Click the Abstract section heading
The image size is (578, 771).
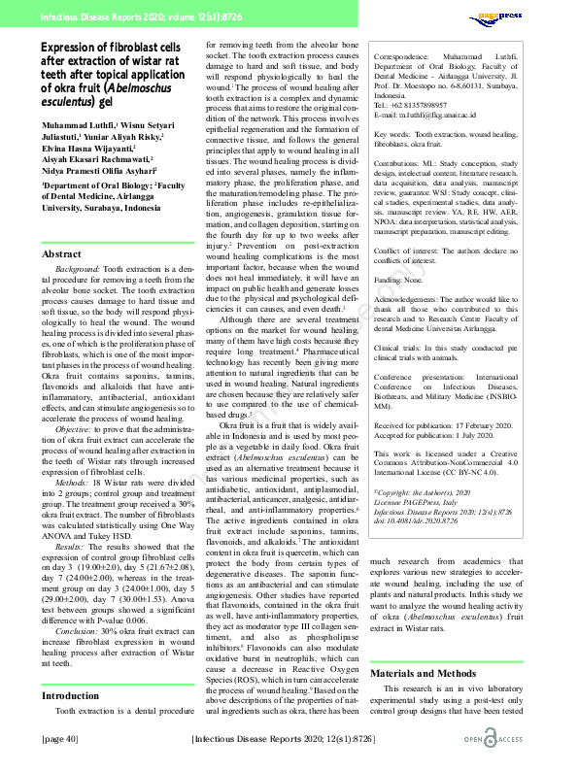[x=61, y=253]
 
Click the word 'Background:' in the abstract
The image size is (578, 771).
[x=80, y=267]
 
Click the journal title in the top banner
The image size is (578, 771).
[x=126, y=16]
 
